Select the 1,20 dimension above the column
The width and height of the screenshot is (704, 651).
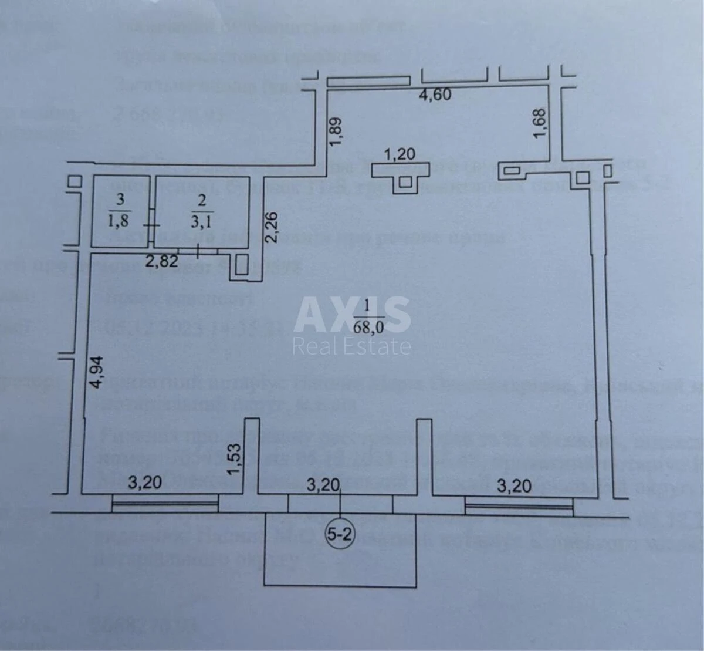coord(400,154)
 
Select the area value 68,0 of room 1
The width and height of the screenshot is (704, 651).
coord(368,326)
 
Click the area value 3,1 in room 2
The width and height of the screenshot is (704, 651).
coord(202,222)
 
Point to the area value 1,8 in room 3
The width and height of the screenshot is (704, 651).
coord(120,222)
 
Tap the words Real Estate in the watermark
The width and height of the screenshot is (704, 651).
coord(352,346)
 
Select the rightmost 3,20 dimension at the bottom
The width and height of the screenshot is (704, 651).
coord(514,485)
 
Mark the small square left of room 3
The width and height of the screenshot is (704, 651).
coord(75,182)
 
